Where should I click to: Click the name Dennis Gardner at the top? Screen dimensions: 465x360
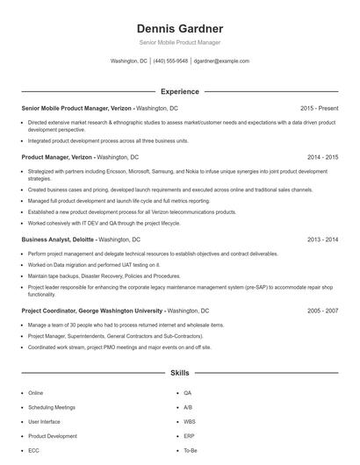coord(179,28)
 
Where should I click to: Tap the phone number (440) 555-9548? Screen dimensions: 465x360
coord(171,61)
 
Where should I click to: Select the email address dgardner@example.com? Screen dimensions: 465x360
coord(221,61)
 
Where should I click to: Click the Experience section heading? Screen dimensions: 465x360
coord(179,91)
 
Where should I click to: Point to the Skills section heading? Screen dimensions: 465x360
coord(179,373)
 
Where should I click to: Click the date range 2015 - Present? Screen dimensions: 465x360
coord(319,108)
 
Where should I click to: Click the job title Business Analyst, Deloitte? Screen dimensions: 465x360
coord(57,239)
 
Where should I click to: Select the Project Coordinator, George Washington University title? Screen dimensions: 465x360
coord(92,311)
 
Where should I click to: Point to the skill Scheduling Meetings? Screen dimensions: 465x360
coord(52,407)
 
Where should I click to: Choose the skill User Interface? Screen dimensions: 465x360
coord(46,421)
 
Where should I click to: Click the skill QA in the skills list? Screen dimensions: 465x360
coord(187,393)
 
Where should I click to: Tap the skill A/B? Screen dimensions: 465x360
coord(188,407)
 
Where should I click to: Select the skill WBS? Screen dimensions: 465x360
coord(190,421)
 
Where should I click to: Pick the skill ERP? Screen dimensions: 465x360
coord(189,435)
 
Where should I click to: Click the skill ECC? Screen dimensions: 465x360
coord(33,450)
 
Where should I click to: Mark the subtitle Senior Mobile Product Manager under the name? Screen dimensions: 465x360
coord(179,42)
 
